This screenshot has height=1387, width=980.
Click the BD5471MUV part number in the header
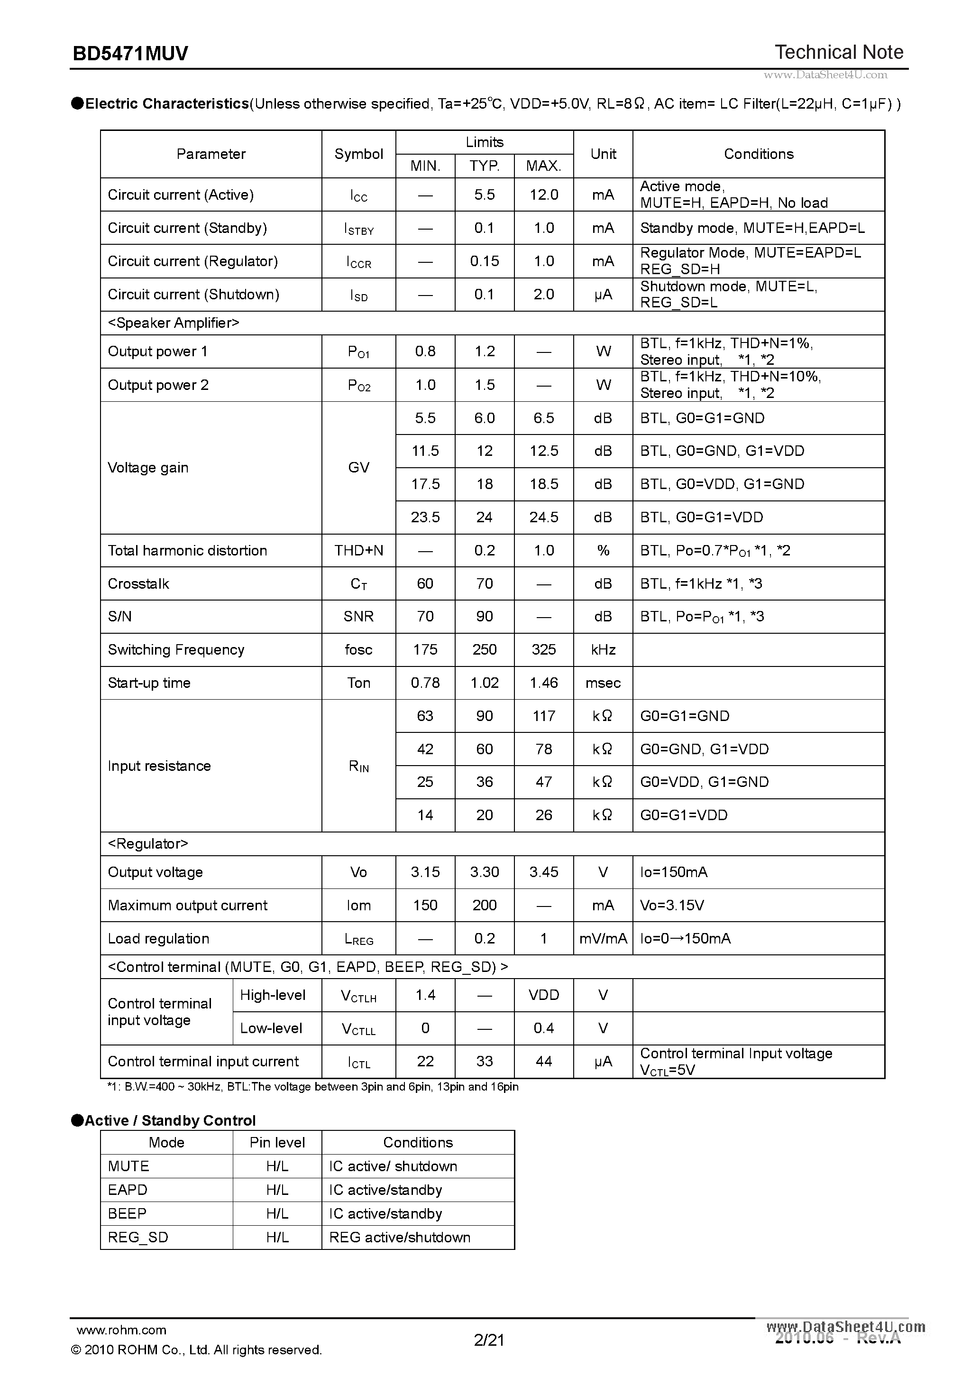(130, 54)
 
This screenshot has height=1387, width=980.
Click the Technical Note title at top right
(839, 53)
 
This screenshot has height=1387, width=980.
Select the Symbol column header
(358, 154)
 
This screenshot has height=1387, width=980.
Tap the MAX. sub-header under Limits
(543, 166)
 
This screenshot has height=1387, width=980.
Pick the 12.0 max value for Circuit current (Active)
(543, 194)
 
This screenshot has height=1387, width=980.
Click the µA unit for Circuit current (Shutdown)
(603, 294)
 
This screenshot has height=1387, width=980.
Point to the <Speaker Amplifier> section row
(174, 323)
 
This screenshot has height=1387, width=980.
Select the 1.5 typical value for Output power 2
(484, 385)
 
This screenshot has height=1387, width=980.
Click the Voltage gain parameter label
(148, 468)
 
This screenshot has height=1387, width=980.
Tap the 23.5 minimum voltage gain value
(425, 517)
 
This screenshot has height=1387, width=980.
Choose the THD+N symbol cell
(358, 550)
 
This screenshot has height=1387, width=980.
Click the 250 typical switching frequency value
(484, 649)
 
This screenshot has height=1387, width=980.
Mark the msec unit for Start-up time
(603, 683)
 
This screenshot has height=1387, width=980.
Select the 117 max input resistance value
(543, 716)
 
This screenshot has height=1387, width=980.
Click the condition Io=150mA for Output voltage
(673, 872)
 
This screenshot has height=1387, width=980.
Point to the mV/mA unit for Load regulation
(603, 938)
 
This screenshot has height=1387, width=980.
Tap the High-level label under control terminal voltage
(273, 995)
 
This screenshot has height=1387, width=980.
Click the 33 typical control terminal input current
(484, 1062)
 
